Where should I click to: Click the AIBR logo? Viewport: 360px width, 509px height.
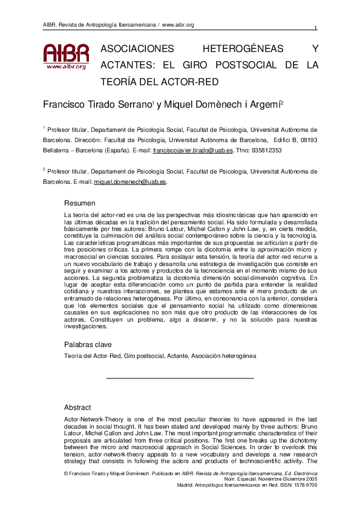(x=66, y=57)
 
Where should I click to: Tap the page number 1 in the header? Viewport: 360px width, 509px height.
(x=316, y=28)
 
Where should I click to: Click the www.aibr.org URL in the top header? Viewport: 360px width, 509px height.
(x=178, y=25)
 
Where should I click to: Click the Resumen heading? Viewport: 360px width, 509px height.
(x=79, y=203)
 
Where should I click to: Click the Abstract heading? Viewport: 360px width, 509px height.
(x=77, y=407)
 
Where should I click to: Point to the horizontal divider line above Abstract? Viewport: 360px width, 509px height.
(x=180, y=378)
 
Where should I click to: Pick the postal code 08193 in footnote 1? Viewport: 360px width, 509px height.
(x=306, y=140)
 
